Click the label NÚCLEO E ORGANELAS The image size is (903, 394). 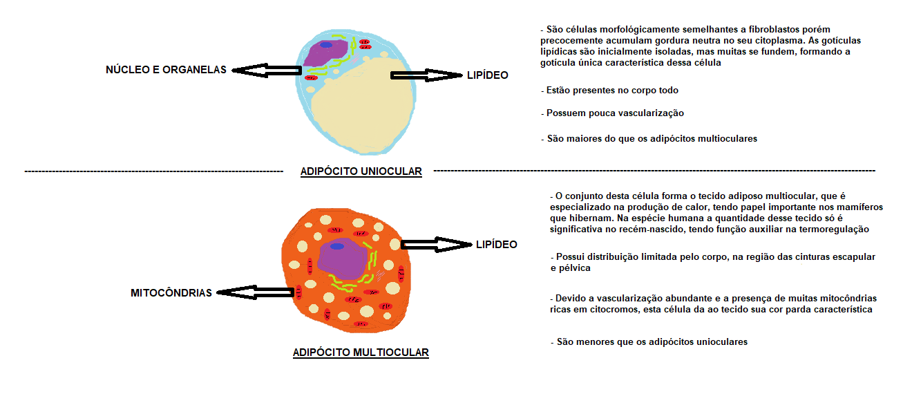tap(165, 70)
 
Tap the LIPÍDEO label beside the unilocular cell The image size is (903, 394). tap(488, 75)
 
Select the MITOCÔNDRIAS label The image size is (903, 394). tap(171, 293)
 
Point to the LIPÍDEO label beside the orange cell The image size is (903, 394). tap(496, 245)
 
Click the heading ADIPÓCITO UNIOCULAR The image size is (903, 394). tap(361, 171)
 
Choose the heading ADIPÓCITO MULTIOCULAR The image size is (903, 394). tap(361, 353)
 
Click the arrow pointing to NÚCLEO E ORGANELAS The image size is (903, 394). tap(266, 70)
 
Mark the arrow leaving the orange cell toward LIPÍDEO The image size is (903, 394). tap(435, 244)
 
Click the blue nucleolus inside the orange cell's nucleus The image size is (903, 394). tap(336, 246)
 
